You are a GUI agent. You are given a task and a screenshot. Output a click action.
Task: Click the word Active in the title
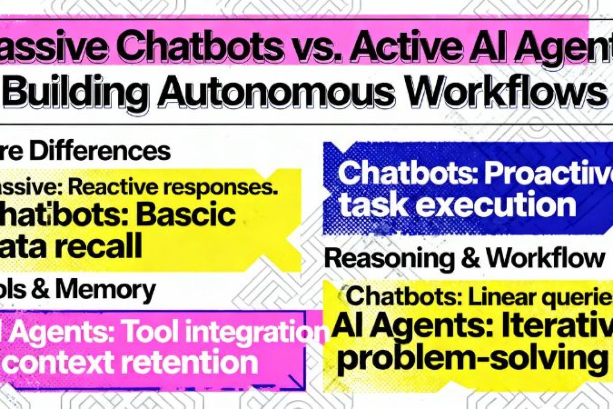[379, 48]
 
